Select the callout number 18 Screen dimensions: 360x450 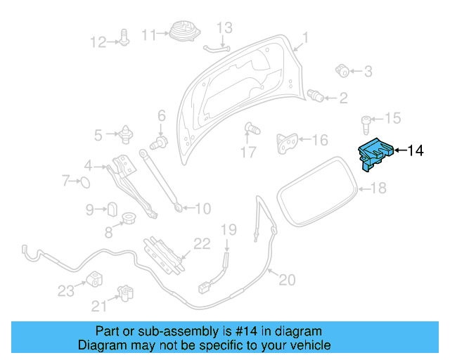coord(379,188)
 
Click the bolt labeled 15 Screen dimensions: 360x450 coord(367,124)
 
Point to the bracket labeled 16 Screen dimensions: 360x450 coord(286,142)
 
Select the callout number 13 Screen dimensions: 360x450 coord(224,28)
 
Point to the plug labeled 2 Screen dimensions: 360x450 coord(317,96)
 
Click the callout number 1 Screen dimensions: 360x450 coord(306,37)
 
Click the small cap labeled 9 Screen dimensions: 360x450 coord(111,209)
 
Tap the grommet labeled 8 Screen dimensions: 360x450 coord(129,219)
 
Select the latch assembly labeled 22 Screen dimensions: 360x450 coord(164,253)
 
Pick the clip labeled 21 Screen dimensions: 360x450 coord(125,293)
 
